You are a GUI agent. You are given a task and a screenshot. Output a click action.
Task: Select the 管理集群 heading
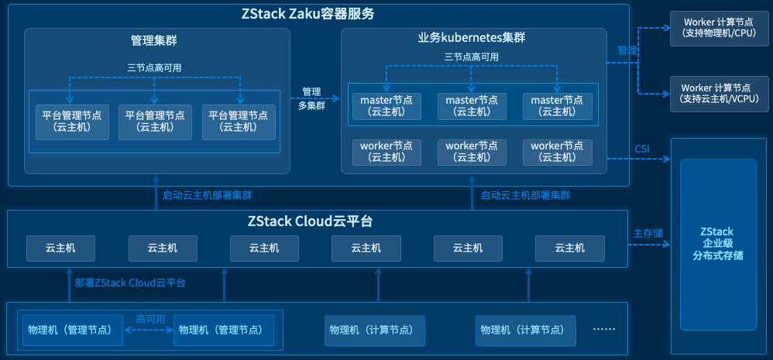(x=154, y=39)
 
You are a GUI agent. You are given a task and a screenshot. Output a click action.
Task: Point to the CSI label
(x=642, y=148)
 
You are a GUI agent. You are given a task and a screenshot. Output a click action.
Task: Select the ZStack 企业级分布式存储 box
(x=717, y=243)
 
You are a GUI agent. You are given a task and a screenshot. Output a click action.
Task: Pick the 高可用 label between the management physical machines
(x=150, y=319)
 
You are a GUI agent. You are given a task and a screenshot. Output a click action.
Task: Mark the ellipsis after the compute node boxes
(x=603, y=329)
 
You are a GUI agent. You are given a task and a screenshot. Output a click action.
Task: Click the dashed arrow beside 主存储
(x=647, y=245)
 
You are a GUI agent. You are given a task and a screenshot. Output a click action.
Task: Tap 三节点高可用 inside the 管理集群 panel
(x=155, y=67)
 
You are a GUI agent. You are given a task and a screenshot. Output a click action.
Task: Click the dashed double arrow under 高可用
(x=149, y=330)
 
